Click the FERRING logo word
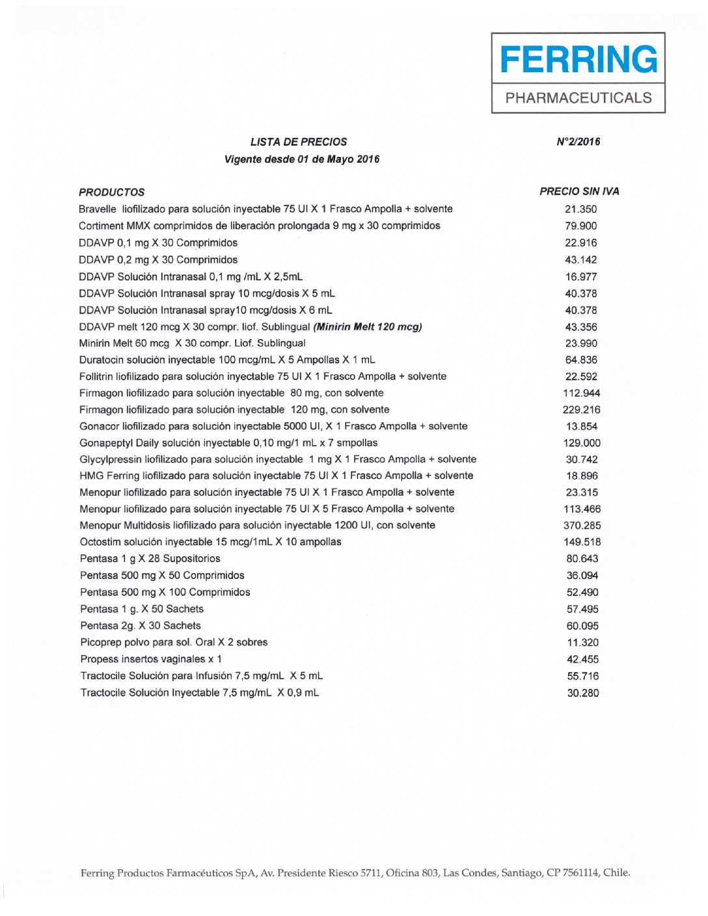(x=579, y=59)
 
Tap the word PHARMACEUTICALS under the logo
(x=579, y=98)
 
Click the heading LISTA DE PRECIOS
(x=299, y=142)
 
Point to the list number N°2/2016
(x=579, y=142)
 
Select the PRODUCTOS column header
(x=112, y=192)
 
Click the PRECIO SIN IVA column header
(x=579, y=191)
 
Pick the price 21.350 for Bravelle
(x=580, y=209)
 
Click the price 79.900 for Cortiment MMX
(x=580, y=226)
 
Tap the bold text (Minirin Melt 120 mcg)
(x=368, y=327)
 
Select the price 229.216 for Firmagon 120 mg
(x=581, y=410)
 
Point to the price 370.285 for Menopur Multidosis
(x=582, y=526)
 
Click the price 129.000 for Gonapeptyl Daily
(x=582, y=443)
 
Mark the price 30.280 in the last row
(x=582, y=693)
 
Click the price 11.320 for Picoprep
(x=582, y=643)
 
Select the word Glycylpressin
(x=110, y=459)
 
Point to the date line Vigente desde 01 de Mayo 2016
(x=302, y=159)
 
